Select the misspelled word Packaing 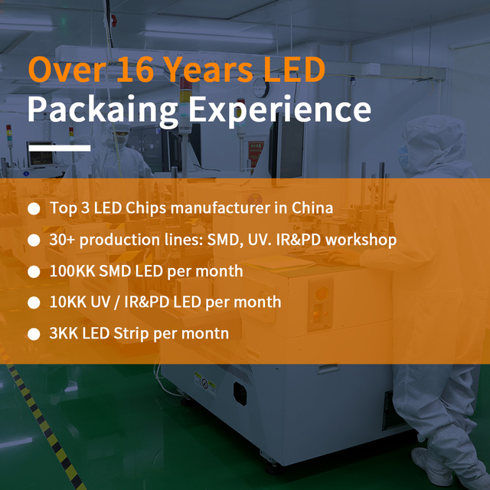point(103,110)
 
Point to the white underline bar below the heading point(59,148)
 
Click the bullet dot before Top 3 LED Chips point(34,208)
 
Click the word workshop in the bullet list point(358,240)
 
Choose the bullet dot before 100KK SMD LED point(34,272)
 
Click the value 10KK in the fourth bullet point(67,302)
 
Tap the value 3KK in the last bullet point(63,334)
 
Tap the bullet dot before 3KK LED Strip point(34,335)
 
